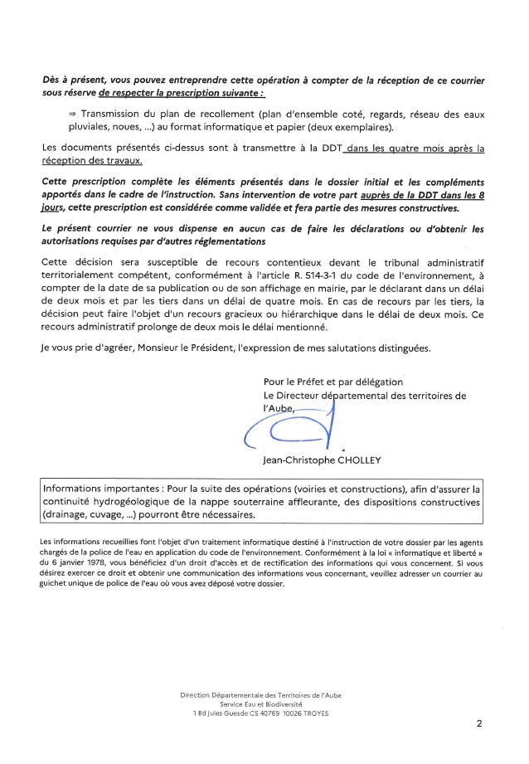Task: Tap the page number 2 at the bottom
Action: point(479,723)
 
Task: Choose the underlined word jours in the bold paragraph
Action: point(55,207)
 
